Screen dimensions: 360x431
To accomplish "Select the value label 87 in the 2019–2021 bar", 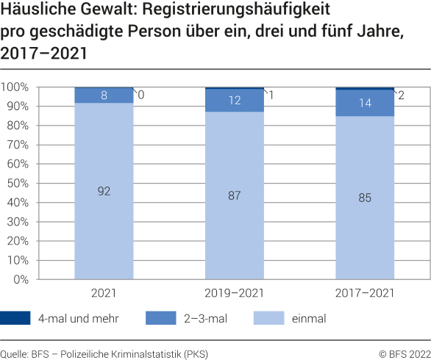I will [234, 196].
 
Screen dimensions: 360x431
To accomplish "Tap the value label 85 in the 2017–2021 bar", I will [365, 198].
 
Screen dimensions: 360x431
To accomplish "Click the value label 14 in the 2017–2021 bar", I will [365, 104].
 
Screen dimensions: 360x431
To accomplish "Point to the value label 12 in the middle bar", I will [234, 101].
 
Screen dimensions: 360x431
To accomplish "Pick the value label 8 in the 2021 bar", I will [104, 96].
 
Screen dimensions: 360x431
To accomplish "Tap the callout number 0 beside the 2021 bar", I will [140, 95].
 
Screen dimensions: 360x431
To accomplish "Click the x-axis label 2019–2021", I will [234, 292].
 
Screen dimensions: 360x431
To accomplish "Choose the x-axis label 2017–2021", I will [365, 292].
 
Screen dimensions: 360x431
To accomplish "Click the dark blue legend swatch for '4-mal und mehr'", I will [15, 318].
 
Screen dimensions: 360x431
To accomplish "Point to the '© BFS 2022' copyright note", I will [405, 353].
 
